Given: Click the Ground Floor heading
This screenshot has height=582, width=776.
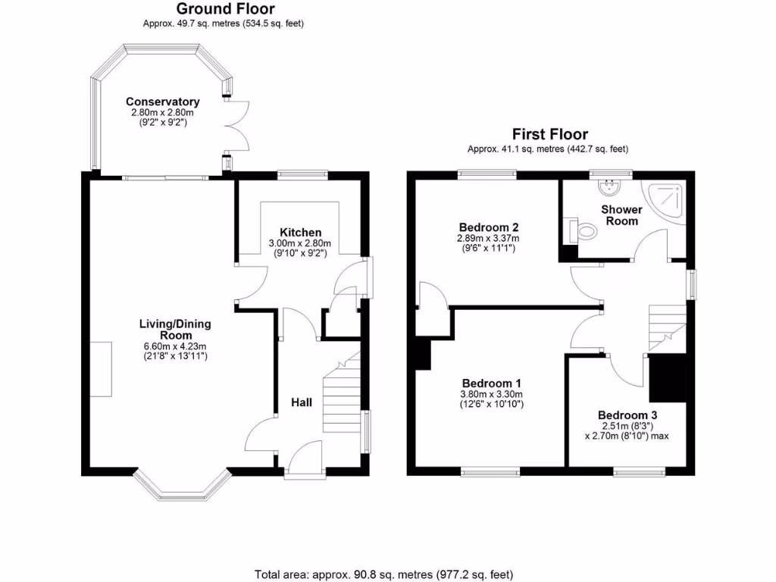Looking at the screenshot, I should pyautogui.click(x=225, y=9).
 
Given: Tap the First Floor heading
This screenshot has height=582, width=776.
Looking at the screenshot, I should pyautogui.click(x=547, y=134).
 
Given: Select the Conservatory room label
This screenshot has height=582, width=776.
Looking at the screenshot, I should pyautogui.click(x=162, y=102).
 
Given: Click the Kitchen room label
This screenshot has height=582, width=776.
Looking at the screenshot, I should pyautogui.click(x=300, y=232).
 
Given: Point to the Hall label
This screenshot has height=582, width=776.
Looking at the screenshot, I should pyautogui.click(x=302, y=402).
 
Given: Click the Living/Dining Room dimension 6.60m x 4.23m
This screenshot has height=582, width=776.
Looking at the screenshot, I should pyautogui.click(x=175, y=346).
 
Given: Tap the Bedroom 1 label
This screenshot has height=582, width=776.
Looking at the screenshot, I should pyautogui.click(x=490, y=383).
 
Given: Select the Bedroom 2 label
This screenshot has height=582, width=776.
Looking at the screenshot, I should pyautogui.click(x=488, y=227).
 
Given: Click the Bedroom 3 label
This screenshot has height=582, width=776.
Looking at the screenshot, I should pyautogui.click(x=627, y=415).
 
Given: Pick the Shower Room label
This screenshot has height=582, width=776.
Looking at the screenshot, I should pyautogui.click(x=621, y=215).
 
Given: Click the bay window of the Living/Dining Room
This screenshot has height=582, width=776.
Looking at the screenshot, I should pyautogui.click(x=181, y=487).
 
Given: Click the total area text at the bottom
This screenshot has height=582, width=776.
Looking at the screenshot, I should pyautogui.click(x=387, y=574).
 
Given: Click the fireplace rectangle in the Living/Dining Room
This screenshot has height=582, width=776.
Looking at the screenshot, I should pyautogui.click(x=101, y=368).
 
